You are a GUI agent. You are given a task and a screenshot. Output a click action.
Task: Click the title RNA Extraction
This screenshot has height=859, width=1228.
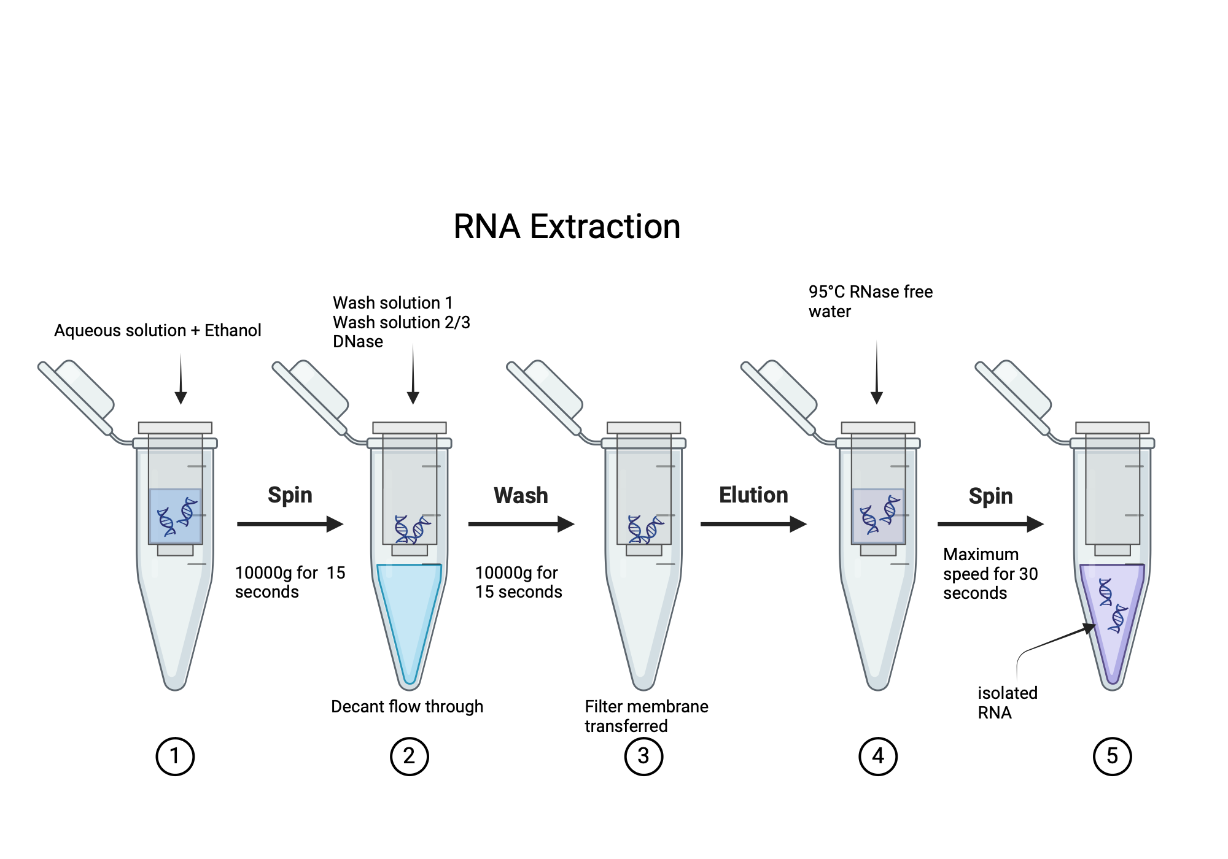566,226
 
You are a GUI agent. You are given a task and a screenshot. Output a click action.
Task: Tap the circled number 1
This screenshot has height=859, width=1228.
175,756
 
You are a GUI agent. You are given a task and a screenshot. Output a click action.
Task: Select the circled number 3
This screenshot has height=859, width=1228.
643,756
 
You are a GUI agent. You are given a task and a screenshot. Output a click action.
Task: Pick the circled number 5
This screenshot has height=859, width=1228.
1112,756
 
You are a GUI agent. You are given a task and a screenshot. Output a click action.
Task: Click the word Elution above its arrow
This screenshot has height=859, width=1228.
753,495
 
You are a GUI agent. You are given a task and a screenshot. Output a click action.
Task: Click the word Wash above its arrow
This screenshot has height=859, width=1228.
521,495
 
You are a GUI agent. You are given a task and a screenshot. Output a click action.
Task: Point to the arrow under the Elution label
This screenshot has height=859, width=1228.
753,524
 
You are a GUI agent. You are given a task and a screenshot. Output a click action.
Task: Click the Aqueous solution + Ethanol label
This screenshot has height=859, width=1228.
158,330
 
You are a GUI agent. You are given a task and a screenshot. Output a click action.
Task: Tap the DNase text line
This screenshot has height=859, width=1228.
358,342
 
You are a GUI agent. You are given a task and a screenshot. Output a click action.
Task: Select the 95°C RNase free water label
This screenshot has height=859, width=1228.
870,301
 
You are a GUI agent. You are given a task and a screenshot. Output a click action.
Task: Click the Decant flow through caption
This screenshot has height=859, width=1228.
407,706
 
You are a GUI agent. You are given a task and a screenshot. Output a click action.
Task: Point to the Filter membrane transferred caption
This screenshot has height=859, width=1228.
646,716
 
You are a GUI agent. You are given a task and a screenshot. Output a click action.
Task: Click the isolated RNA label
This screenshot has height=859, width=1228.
1007,703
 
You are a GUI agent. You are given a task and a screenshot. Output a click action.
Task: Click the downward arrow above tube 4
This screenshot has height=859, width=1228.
877,374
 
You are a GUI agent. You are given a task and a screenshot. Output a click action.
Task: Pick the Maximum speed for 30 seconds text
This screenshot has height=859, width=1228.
990,574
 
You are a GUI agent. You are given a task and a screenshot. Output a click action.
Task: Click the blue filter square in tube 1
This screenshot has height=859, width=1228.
175,516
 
